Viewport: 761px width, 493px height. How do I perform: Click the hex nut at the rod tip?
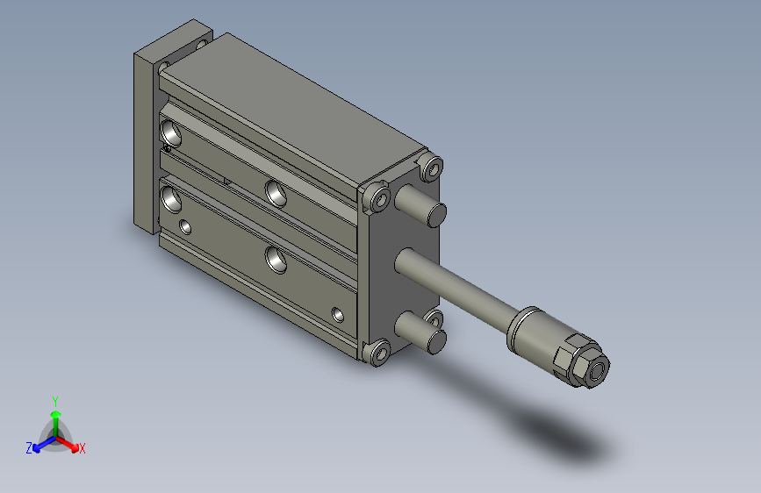[x=583, y=361]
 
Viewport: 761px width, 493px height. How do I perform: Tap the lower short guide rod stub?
[x=420, y=332]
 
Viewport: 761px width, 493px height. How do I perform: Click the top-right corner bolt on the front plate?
[x=431, y=168]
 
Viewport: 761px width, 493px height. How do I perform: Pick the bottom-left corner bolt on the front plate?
[x=379, y=353]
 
